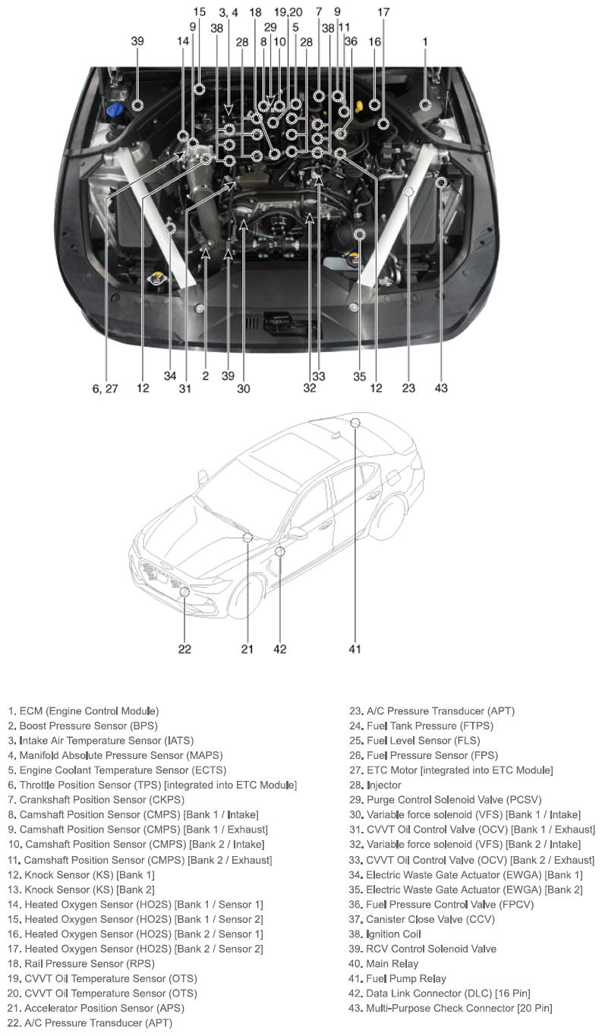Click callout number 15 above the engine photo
coord(199,11)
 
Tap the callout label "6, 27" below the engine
coord(105,389)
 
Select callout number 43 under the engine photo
coord(441,389)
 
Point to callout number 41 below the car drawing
coord(355,649)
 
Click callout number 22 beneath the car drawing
coord(184,649)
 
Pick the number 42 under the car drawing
coord(280,649)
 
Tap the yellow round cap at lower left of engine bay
coord(156,277)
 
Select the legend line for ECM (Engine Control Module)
coord(84,711)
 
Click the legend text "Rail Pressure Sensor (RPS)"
coord(82,964)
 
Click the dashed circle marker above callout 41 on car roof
coord(355,424)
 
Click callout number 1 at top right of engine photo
coord(425,41)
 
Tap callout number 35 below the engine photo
coord(360,376)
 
